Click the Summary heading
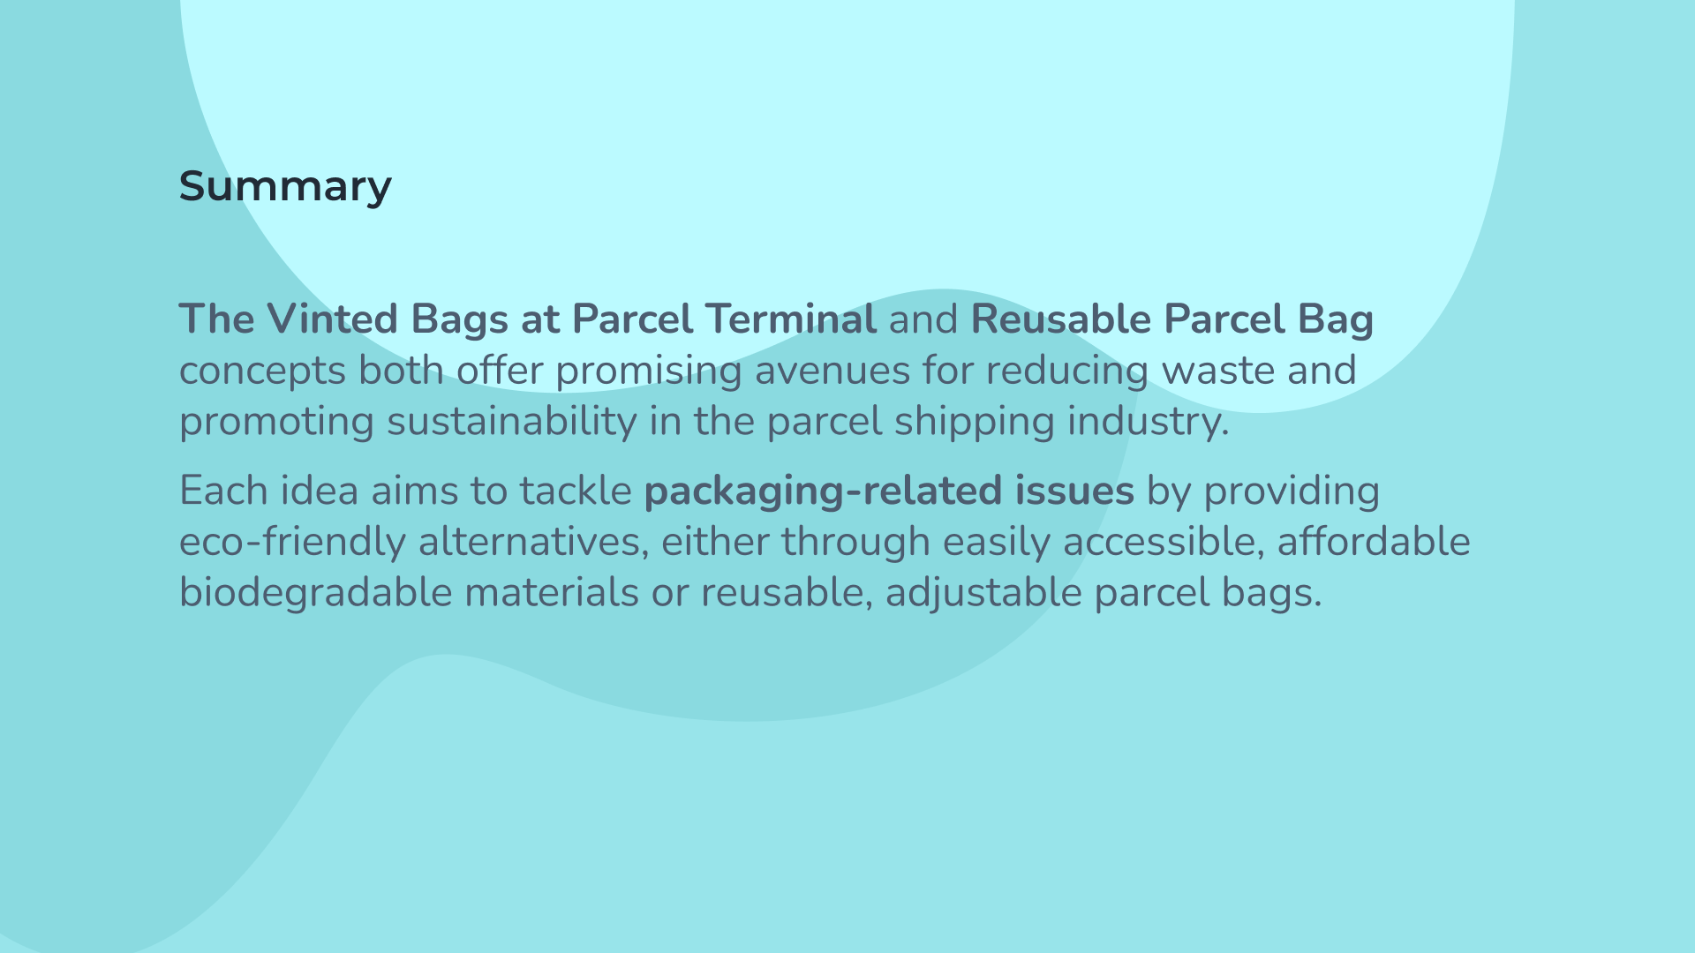[x=285, y=187]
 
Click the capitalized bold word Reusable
[x=1060, y=319]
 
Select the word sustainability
[x=511, y=422]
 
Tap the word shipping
[x=974, y=422]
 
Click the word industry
[x=1148, y=422]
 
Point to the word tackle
[x=576, y=491]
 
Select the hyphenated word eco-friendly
[x=292, y=542]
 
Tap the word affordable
[x=1374, y=541]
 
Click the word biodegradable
[x=315, y=592]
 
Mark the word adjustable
[x=983, y=592]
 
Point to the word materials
[x=552, y=592]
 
